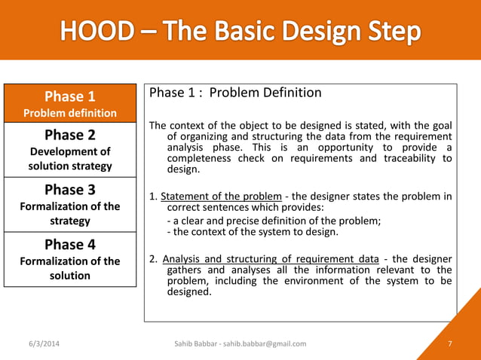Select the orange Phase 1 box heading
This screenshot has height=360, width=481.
pos(70,96)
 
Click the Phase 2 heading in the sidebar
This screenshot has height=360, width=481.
pos(70,135)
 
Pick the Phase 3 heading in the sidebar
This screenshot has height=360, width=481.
pos(70,189)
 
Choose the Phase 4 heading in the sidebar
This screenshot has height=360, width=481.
pos(70,244)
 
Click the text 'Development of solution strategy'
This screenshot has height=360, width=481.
pos(70,159)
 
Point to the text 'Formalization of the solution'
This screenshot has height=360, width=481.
pos(70,268)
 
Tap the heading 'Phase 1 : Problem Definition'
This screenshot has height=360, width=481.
pos(235,93)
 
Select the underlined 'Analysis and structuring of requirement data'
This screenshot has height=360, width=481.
pos(271,259)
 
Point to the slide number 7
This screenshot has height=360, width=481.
pos(449,343)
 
